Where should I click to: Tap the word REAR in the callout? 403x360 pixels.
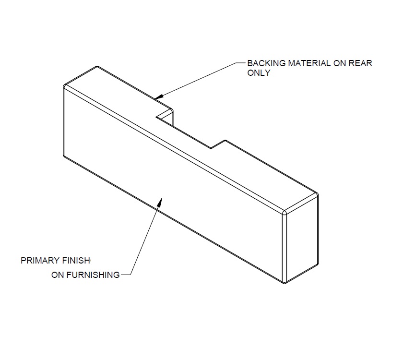coord(362,63)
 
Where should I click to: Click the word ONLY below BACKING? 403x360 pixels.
coord(259,73)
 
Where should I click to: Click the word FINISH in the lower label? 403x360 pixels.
coord(76,261)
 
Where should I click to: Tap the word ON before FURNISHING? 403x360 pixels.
coord(58,275)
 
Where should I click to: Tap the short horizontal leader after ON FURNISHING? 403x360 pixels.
coord(125,275)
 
